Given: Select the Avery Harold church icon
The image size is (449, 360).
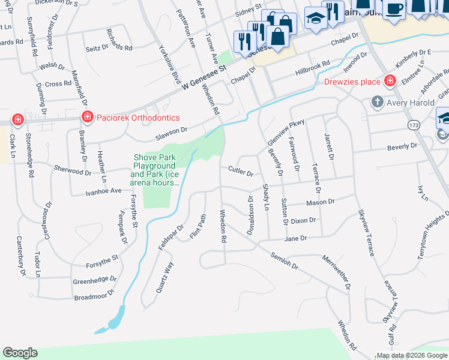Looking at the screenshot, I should tap(377, 102).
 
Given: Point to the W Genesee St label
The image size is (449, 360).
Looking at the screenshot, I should tap(203, 74).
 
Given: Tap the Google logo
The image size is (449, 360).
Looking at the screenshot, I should tap(20, 353).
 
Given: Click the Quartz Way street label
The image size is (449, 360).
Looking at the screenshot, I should tap(165, 277).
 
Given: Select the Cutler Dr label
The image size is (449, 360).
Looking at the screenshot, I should tap(241, 172).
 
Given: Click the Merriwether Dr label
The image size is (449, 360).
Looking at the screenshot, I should tap(337, 273).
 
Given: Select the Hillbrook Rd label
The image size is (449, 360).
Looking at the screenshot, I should tap(313, 67).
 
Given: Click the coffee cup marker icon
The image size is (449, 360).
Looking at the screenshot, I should tap(394, 9).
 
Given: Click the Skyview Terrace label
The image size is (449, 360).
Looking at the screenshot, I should tap(366, 233).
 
